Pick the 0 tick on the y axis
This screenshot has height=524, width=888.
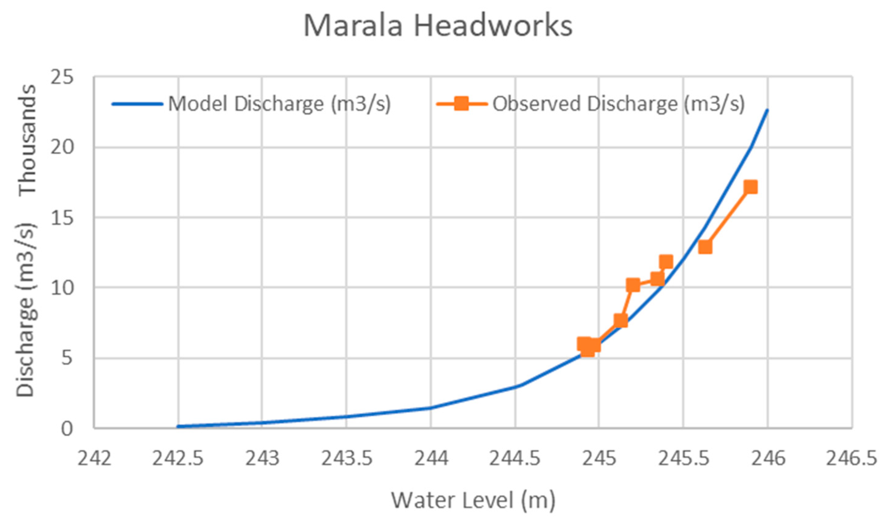[x=67, y=429]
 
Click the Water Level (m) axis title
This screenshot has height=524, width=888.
[x=473, y=500]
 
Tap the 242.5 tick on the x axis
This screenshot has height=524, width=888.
[x=178, y=459]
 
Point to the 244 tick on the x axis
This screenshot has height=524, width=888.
[x=431, y=459]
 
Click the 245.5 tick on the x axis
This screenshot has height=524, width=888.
[x=683, y=459]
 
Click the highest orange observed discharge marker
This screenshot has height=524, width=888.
[x=750, y=187]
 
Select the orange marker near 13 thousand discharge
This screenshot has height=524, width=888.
[x=705, y=247]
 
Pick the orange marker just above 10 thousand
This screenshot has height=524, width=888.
[x=633, y=285]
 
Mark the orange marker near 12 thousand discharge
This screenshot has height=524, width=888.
[x=666, y=262]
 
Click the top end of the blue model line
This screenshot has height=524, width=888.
[x=767, y=110]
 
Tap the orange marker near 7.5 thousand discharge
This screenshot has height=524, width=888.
[x=621, y=321]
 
